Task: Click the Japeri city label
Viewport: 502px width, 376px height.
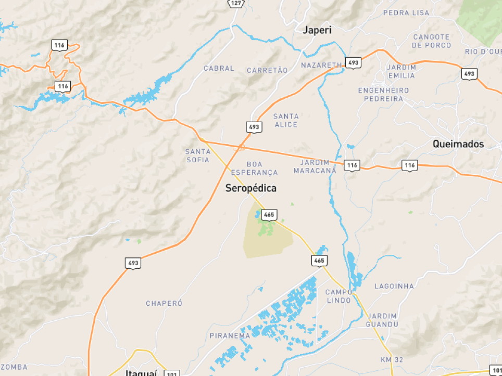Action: tap(317, 30)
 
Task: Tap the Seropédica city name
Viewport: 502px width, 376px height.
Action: tap(251, 188)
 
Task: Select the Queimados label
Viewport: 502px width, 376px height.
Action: tap(458, 144)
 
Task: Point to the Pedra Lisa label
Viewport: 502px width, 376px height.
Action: tap(406, 12)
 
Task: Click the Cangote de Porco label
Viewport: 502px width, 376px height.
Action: tap(431, 41)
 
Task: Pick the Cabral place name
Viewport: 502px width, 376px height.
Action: tap(219, 68)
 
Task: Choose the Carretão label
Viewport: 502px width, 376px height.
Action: tap(267, 70)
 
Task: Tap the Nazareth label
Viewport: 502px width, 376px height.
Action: tap(321, 65)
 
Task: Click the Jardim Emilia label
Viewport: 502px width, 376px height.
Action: tap(401, 71)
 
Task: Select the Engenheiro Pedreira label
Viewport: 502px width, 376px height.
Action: tap(383, 94)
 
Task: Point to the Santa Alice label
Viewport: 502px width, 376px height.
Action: tap(286, 120)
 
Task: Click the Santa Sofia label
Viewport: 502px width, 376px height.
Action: tap(198, 155)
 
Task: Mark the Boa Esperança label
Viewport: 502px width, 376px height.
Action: tap(255, 168)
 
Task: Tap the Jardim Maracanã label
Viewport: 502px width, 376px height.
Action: tap(315, 166)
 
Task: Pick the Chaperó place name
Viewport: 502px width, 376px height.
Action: tap(164, 303)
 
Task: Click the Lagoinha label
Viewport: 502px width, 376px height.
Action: tap(394, 286)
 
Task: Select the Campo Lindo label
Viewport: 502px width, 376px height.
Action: tap(339, 296)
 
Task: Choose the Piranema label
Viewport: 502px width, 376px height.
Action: tap(230, 335)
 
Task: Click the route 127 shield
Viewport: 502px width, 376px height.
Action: tap(236, 3)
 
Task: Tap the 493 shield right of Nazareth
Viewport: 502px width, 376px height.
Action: tap(353, 63)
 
